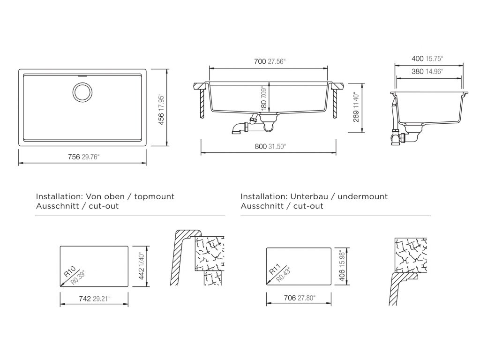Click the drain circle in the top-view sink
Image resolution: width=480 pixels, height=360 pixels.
(x=82, y=92)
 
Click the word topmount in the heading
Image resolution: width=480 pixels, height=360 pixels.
(x=154, y=196)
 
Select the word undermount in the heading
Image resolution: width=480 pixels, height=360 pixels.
(x=362, y=196)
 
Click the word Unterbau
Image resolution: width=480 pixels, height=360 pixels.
(x=310, y=196)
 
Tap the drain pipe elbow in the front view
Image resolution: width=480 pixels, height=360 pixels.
(x=237, y=129)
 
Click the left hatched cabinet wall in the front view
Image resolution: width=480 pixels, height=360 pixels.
(x=202, y=104)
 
